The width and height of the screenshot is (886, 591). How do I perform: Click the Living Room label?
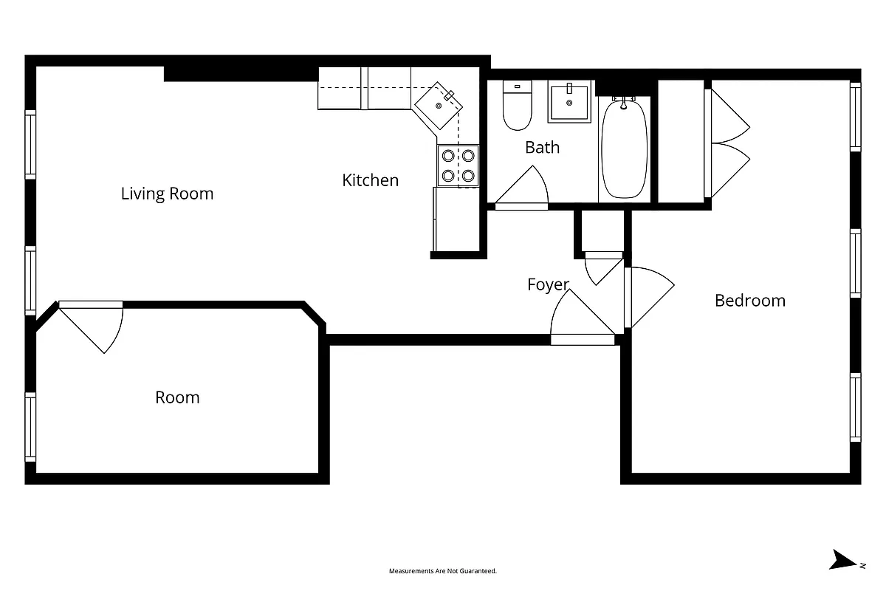coord(167,194)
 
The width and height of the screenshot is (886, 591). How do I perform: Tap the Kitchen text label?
coord(370,180)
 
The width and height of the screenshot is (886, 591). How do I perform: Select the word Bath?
coord(542,147)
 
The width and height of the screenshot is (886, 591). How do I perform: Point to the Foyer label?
coord(548,284)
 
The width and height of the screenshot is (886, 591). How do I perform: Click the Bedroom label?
coord(749,301)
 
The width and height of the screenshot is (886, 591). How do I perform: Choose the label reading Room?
coord(177,397)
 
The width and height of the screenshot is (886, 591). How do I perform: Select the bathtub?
coord(624,148)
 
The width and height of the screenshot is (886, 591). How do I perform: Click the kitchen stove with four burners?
coord(458,165)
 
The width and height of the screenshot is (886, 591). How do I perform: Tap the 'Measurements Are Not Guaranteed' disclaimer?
coord(443,571)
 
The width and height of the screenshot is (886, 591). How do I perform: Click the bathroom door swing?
coord(526,188)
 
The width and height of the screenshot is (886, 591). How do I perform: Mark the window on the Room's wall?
coord(30,426)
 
